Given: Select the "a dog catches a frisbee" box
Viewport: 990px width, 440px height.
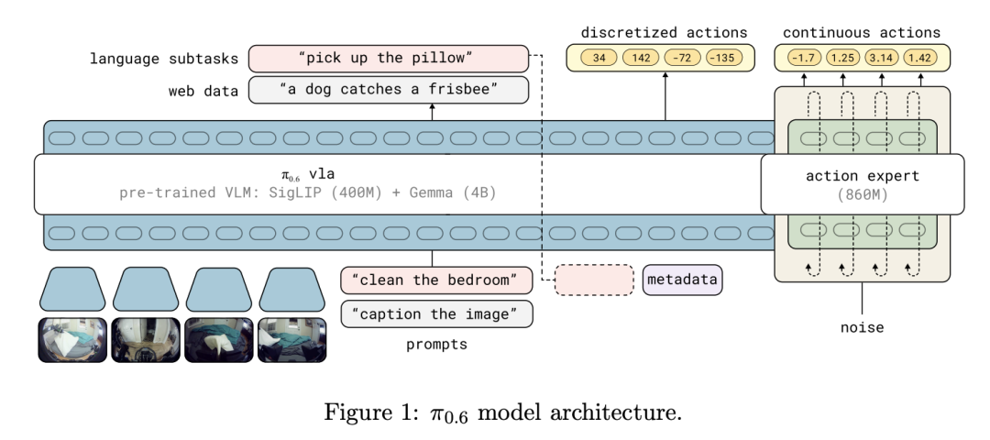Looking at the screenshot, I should pyautogui.click(x=390, y=90).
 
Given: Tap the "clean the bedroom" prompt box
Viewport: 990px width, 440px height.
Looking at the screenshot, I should pyautogui.click(x=436, y=279).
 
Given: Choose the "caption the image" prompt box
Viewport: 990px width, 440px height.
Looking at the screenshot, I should pyautogui.click(x=436, y=313).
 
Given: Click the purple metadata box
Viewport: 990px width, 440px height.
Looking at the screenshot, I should pyautogui.click(x=682, y=279).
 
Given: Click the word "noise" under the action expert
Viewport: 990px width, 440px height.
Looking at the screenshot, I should pyautogui.click(x=862, y=325).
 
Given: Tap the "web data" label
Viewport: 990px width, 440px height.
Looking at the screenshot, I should pyautogui.click(x=203, y=90).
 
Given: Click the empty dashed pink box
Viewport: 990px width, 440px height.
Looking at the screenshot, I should pyautogui.click(x=595, y=279).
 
